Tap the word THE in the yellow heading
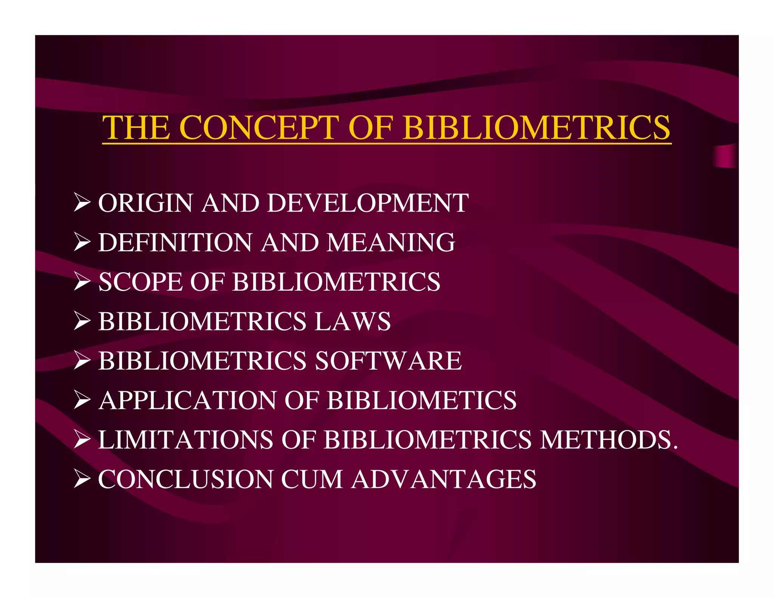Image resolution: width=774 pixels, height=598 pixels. [136, 127]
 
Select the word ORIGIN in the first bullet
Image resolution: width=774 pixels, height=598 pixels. [146, 203]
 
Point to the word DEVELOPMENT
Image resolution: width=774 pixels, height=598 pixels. [368, 203]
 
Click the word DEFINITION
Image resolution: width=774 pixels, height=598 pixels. [175, 242]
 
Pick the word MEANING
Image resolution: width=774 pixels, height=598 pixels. [391, 242]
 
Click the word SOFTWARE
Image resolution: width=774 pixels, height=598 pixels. [388, 361]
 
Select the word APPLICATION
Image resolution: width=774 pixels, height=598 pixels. [187, 400]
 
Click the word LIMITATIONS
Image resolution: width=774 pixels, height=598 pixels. [186, 440]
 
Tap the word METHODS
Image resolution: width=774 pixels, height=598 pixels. [608, 440]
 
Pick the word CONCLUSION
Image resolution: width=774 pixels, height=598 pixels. [186, 479]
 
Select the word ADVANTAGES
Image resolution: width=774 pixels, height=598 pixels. [444, 479]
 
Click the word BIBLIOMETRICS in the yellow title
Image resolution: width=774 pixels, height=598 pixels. [537, 127]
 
